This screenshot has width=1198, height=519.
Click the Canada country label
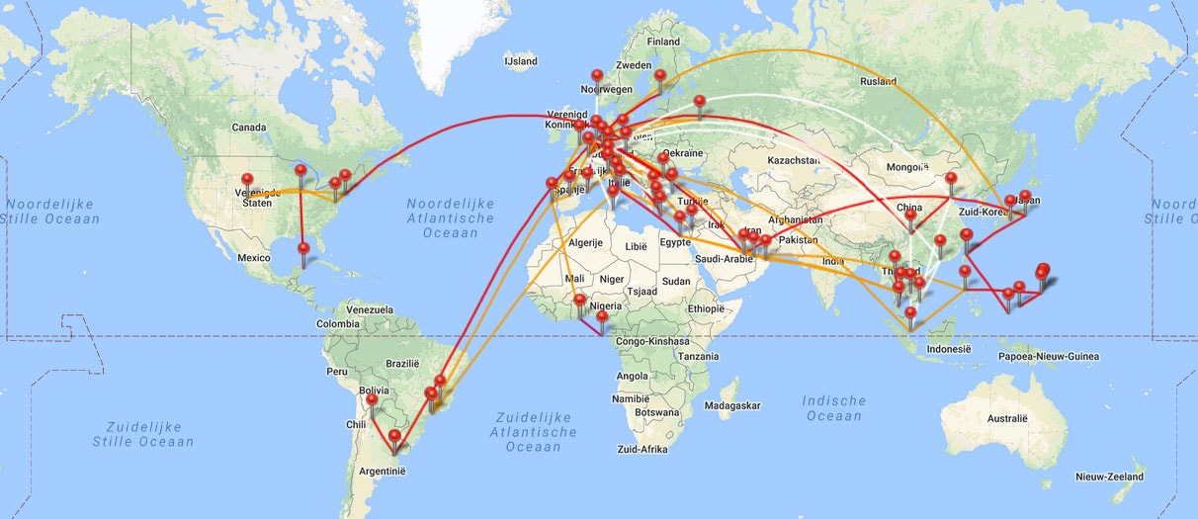(x=248, y=127)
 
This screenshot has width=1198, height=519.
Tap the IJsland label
(x=520, y=61)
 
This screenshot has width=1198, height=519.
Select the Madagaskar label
(x=732, y=405)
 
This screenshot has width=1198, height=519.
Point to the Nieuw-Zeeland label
(x=1109, y=476)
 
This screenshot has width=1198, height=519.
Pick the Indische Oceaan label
(x=834, y=408)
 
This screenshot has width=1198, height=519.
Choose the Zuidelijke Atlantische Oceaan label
(x=533, y=432)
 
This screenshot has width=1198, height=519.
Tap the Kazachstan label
(x=787, y=159)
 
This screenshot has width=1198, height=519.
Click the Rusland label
(x=878, y=81)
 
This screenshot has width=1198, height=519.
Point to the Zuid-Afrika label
(x=642, y=449)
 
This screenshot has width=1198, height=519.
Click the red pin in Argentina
(x=395, y=436)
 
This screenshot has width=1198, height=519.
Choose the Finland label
(x=663, y=43)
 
